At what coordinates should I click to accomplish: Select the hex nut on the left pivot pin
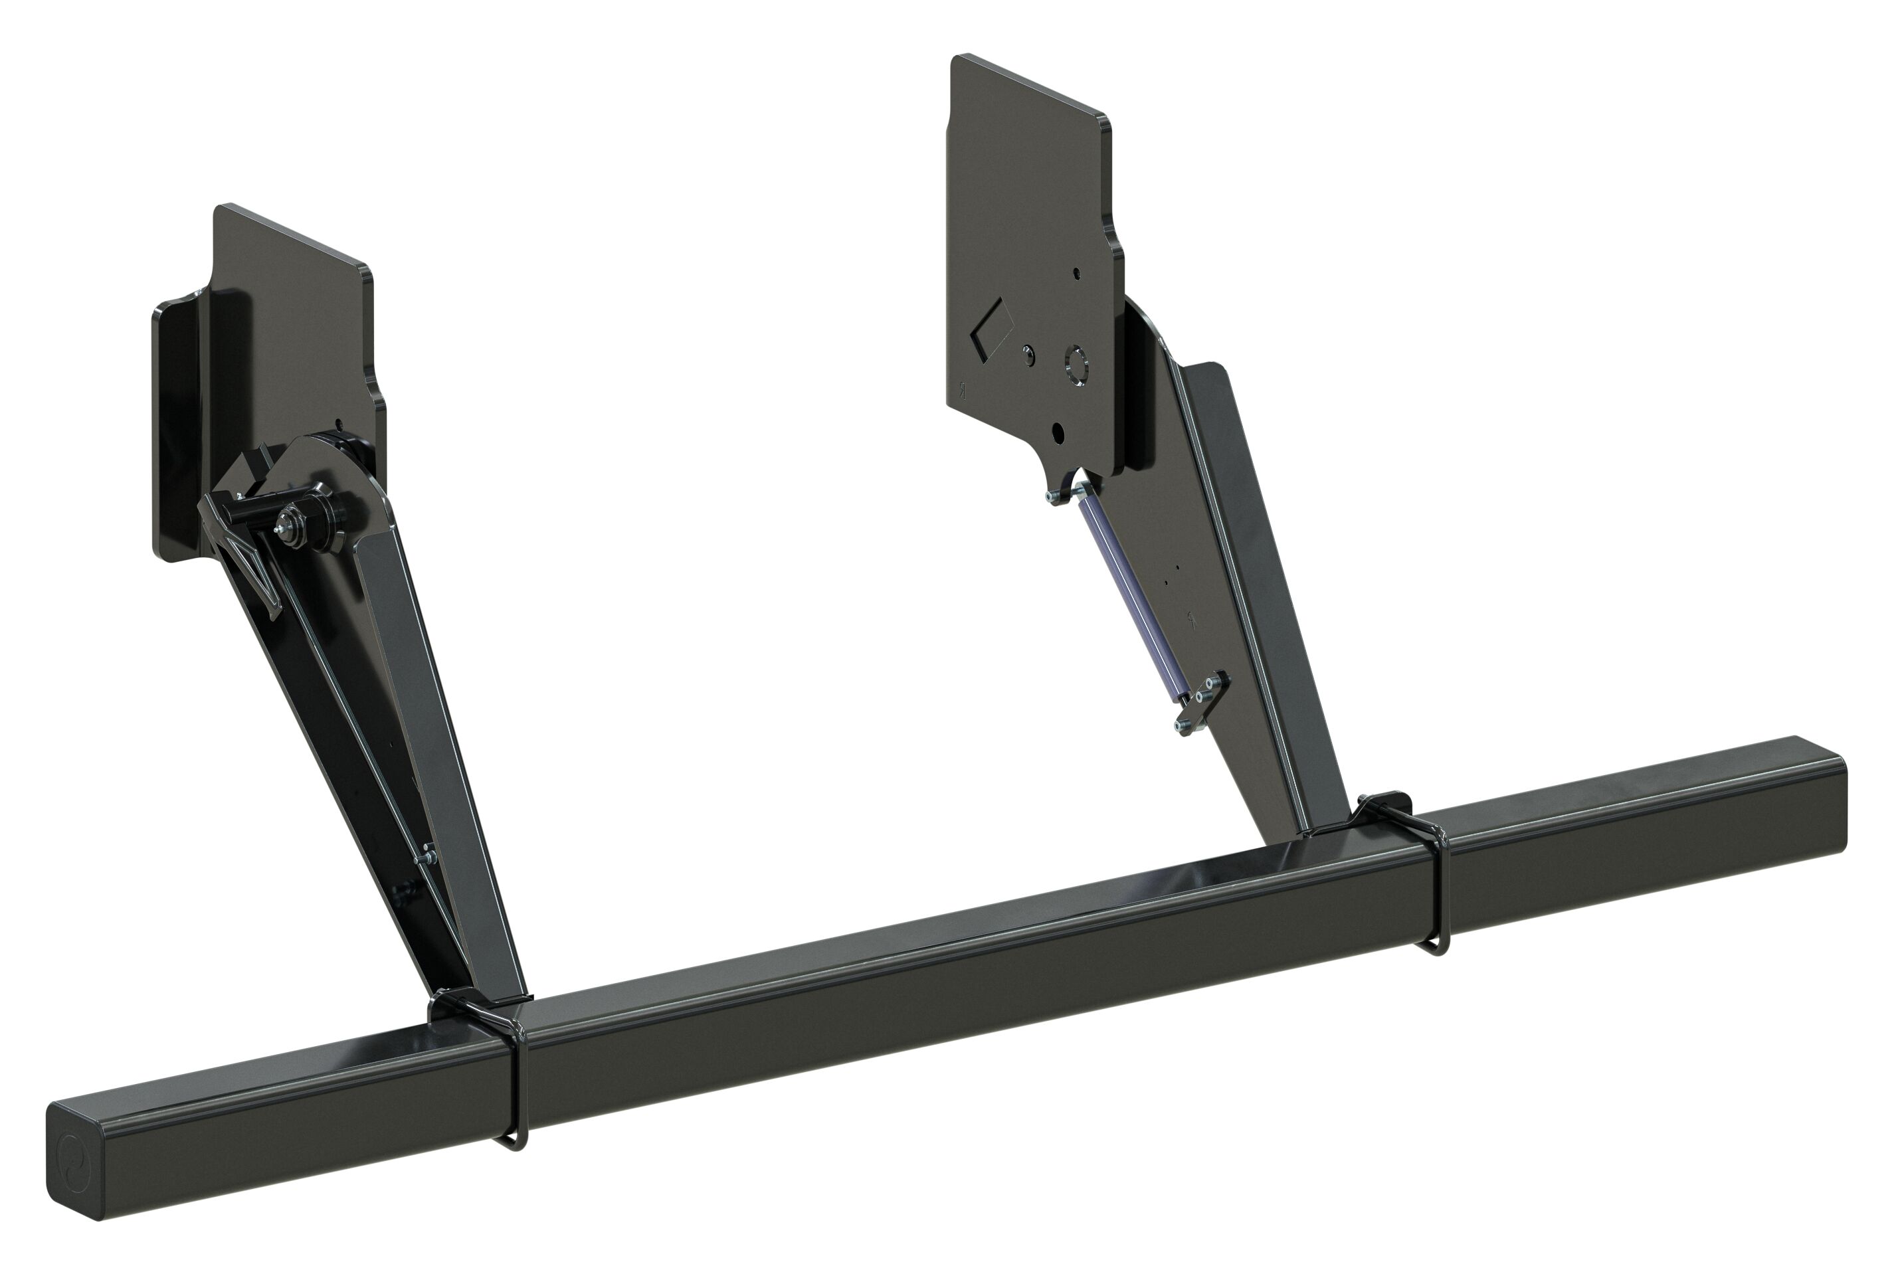point(286,521)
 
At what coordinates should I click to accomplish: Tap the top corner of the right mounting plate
point(959,58)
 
